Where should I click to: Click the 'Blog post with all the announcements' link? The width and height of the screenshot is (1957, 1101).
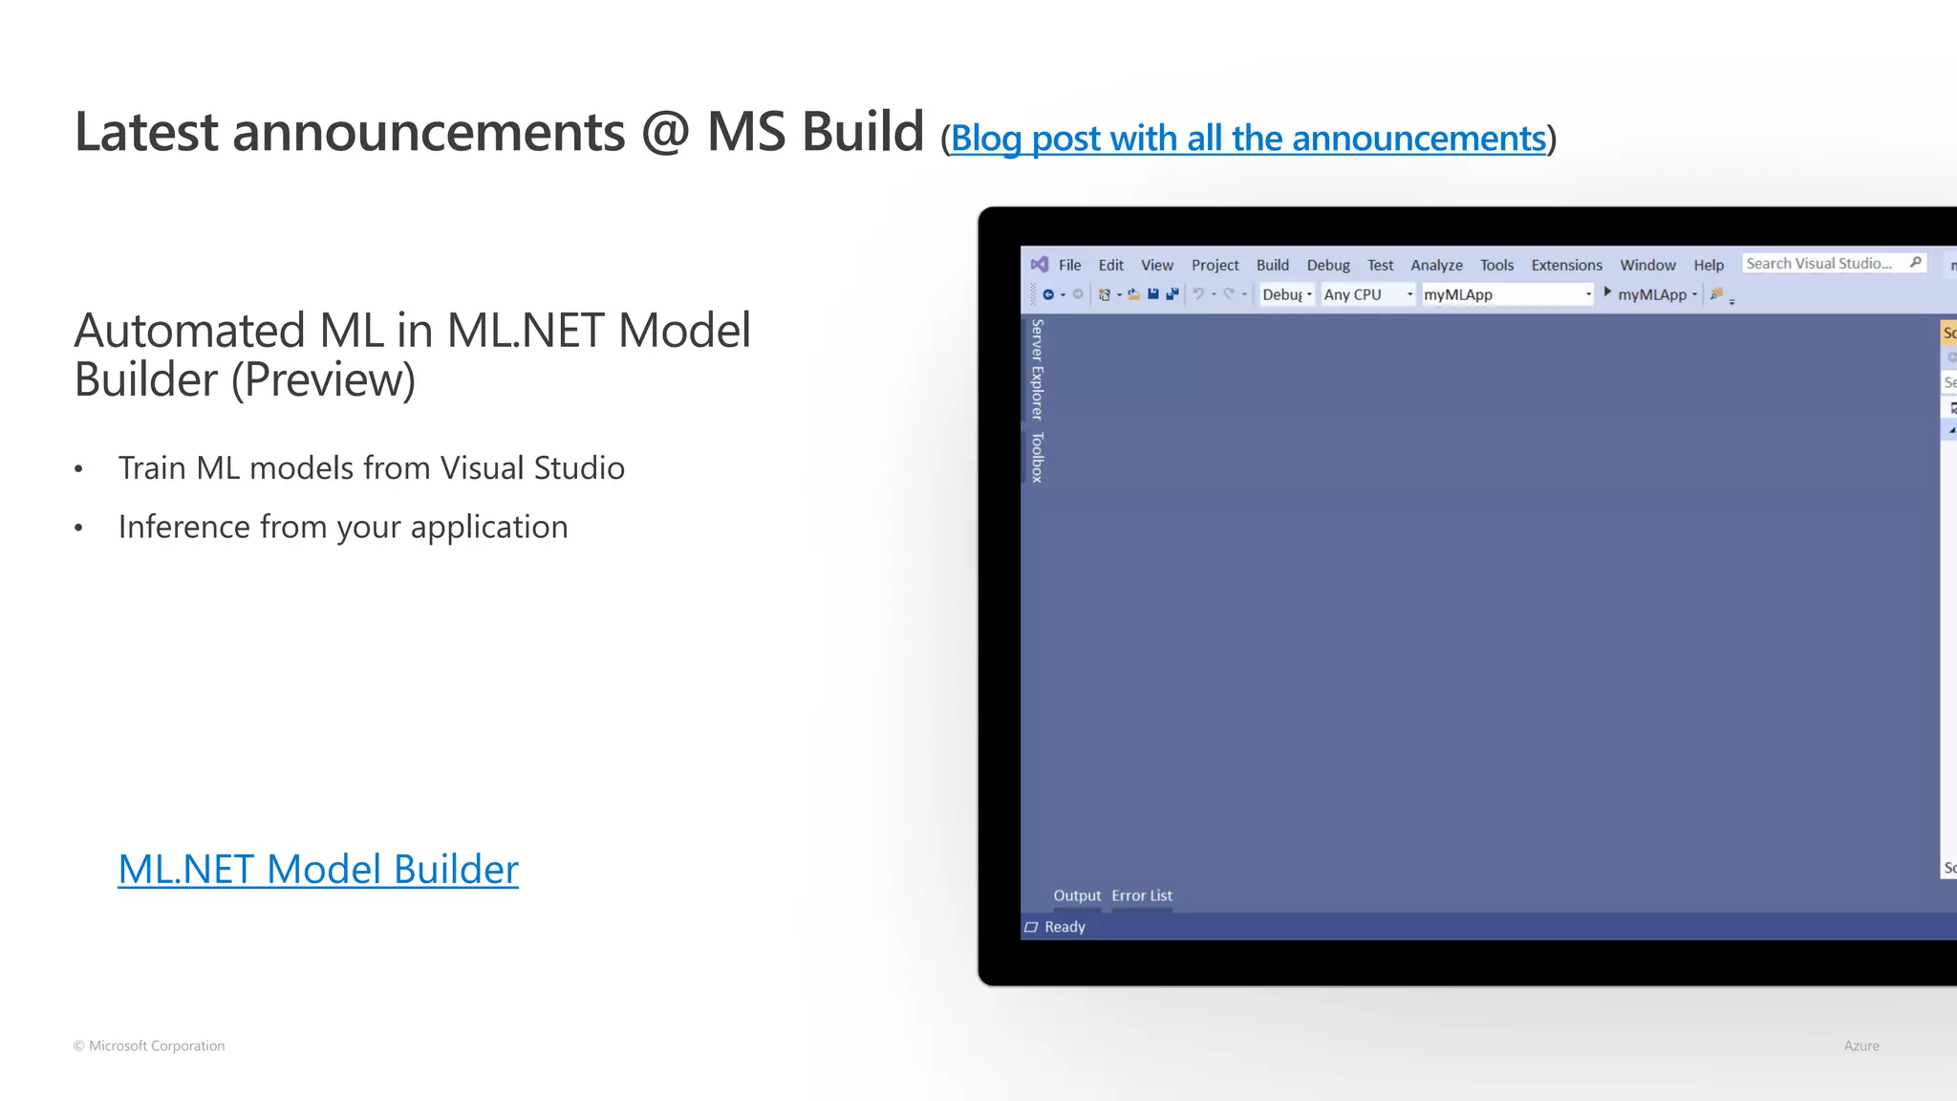click(1248, 139)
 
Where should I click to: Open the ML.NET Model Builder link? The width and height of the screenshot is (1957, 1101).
click(318, 869)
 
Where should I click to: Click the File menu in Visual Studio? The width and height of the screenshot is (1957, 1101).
click(1069, 265)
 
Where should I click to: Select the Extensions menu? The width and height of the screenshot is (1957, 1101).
click(1566, 265)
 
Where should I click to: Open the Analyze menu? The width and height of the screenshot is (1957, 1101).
click(1436, 265)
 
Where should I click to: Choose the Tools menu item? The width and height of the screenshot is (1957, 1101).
click(1496, 265)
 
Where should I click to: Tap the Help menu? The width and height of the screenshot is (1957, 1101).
click(1709, 265)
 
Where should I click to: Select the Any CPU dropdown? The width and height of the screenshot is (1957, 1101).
click(1367, 294)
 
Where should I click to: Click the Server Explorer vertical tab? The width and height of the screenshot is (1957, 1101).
click(1037, 370)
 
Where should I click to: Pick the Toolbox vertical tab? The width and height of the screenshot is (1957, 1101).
click(1037, 457)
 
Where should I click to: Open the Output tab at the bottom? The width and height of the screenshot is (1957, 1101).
click(1077, 896)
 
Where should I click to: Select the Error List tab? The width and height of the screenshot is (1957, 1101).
click(1142, 896)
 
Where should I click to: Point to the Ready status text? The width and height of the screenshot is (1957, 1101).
click(1065, 927)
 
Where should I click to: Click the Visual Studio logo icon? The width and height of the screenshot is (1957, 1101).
click(1040, 265)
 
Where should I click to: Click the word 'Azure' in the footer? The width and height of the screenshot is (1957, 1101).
click(1860, 1046)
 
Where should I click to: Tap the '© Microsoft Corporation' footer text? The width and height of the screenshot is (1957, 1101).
click(149, 1046)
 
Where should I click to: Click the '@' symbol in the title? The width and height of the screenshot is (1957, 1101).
click(665, 132)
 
